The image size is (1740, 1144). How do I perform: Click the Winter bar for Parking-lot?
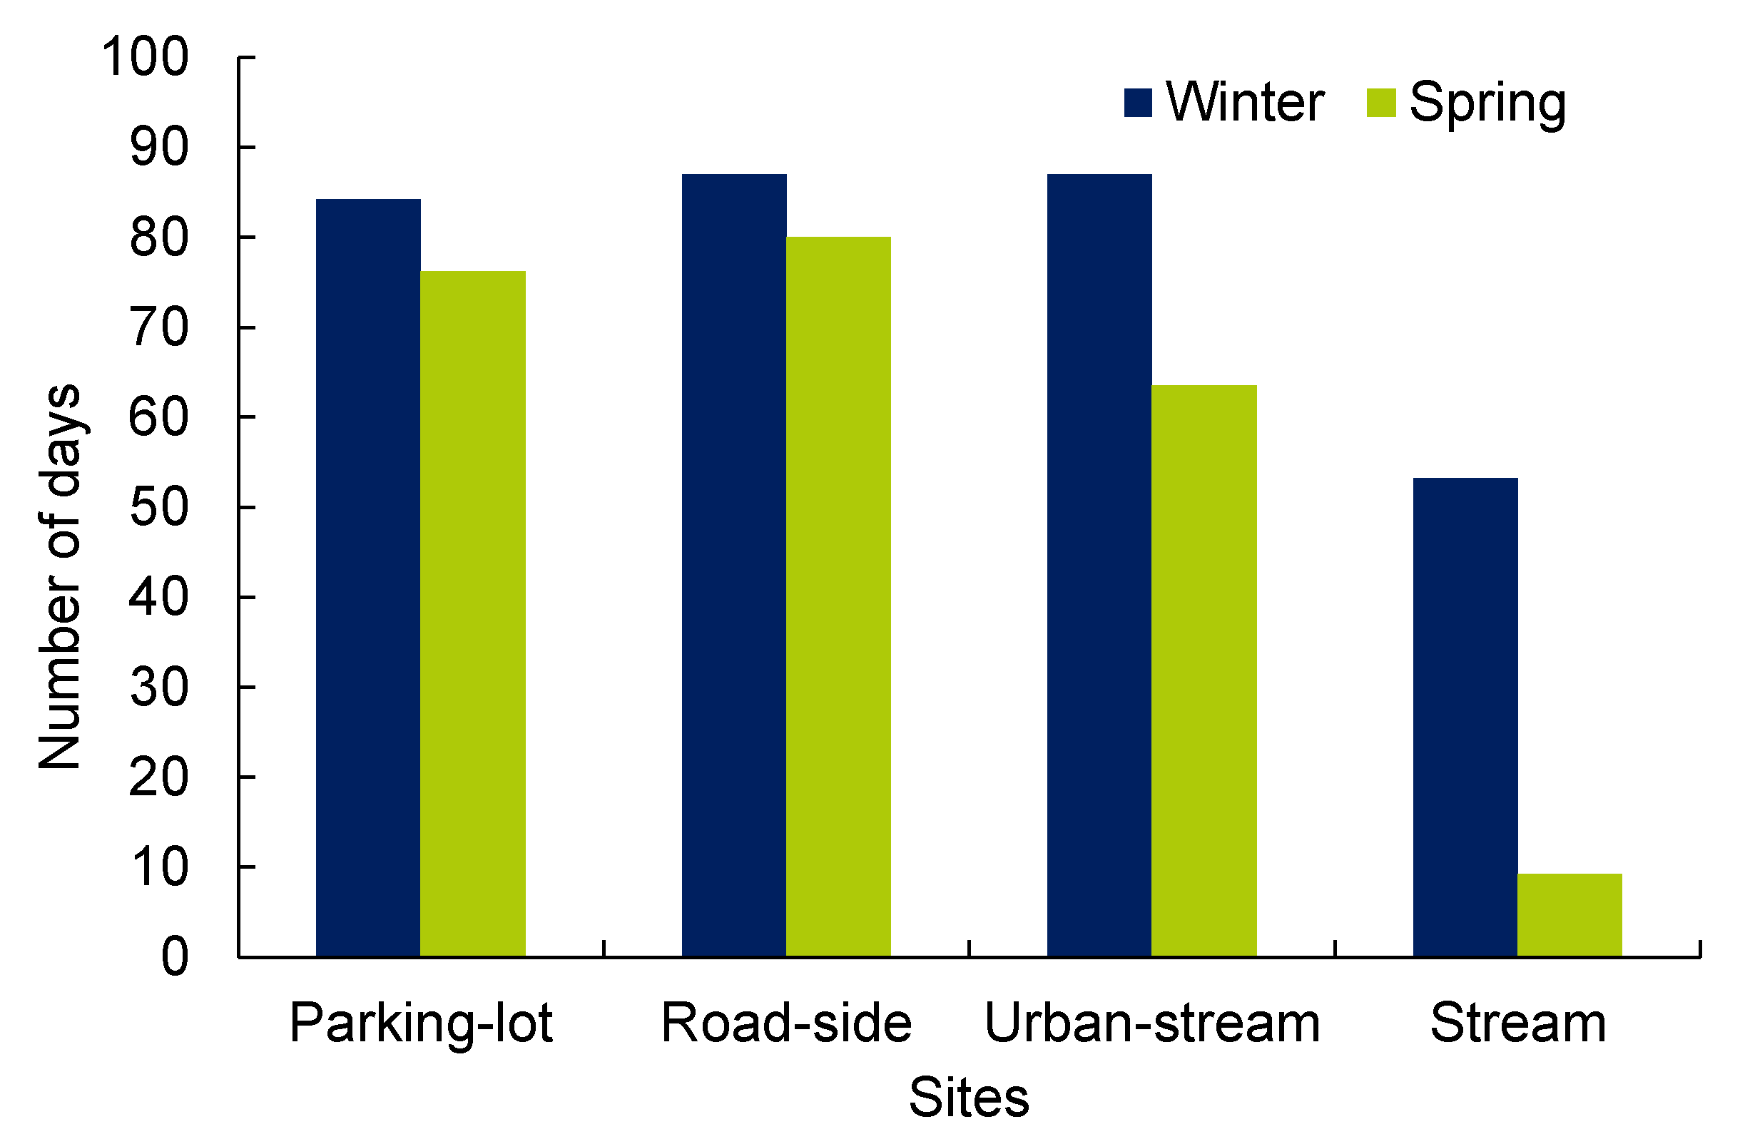coord(367,578)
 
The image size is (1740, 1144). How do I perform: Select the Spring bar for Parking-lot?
coord(472,614)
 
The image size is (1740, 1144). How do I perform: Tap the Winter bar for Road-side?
coord(734,565)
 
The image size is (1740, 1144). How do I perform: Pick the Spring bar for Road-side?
coord(838,596)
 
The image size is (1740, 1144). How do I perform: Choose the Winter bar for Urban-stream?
coord(1099,565)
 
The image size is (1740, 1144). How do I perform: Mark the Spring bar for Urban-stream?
coord(1204,671)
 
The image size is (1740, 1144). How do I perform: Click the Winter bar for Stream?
coord(1465,717)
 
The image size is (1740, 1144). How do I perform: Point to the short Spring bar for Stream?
coord(1569,914)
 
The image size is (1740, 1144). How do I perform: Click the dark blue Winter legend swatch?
coord(1138,102)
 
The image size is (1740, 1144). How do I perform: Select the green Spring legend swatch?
coord(1381,102)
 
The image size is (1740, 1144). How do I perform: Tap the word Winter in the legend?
coord(1245,102)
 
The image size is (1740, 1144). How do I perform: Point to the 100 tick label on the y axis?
coord(145,57)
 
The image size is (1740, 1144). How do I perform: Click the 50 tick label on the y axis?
coord(158,507)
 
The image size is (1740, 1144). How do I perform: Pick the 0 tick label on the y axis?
coord(175,957)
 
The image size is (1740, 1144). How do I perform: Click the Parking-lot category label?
coord(421,1023)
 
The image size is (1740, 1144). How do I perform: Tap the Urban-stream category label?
coord(1152,1023)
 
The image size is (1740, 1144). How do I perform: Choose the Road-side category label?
coord(787,1023)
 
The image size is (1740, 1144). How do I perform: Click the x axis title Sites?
coord(969,1097)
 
